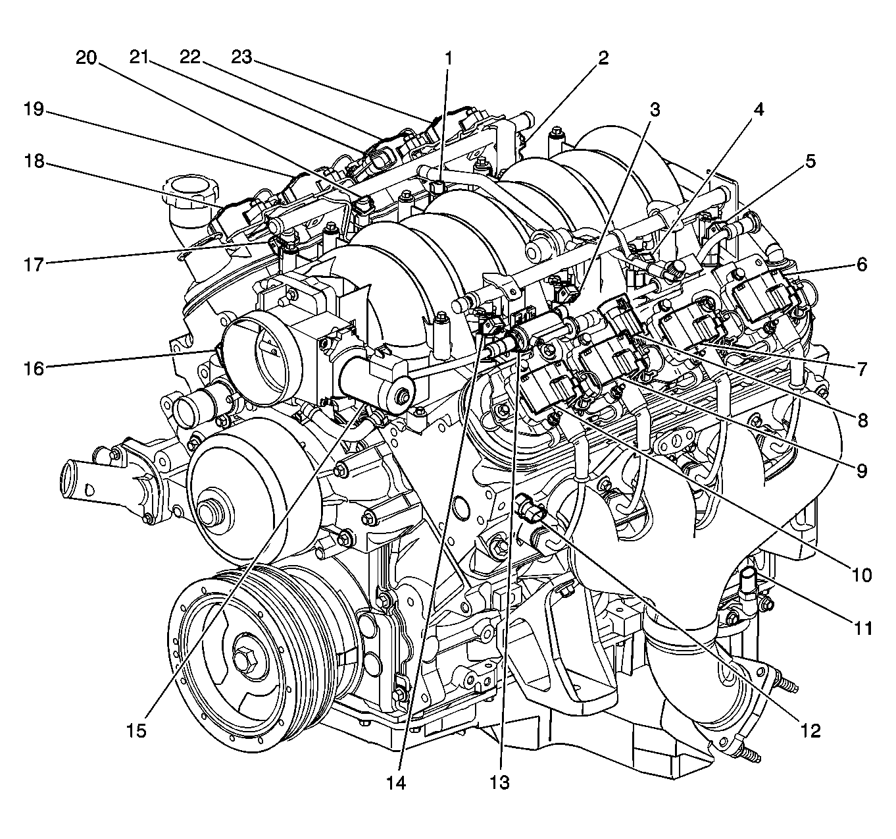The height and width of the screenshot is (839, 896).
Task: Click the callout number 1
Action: pyautogui.click(x=449, y=59)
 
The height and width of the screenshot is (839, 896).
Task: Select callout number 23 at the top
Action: pyautogui.click(x=241, y=58)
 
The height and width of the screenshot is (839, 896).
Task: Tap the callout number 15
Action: pyautogui.click(x=137, y=730)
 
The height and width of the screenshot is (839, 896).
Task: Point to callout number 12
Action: pyautogui.click(x=810, y=730)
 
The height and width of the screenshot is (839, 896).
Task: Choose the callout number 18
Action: pyautogui.click(x=35, y=161)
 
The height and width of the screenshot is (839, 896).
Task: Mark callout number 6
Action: pyautogui.click(x=862, y=265)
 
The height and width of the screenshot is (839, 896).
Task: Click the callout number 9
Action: pyautogui.click(x=862, y=471)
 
